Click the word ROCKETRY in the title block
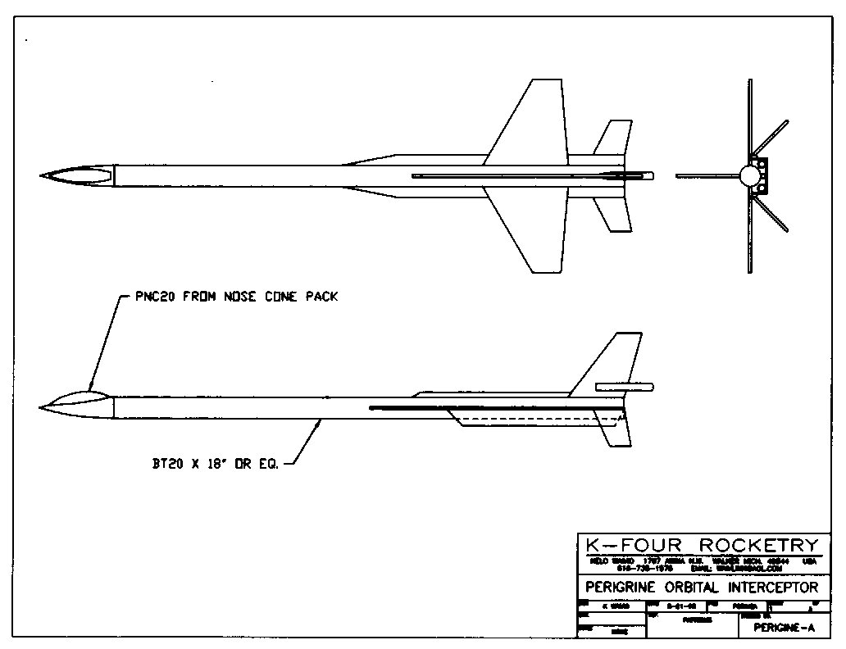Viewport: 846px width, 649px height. click(759, 546)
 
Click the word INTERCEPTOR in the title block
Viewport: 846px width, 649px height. click(771, 588)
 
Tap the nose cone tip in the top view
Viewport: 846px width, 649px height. click(43, 175)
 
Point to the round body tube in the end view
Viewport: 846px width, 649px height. click(748, 175)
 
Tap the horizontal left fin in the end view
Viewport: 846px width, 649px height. click(705, 175)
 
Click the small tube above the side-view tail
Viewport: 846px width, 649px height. click(624, 386)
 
